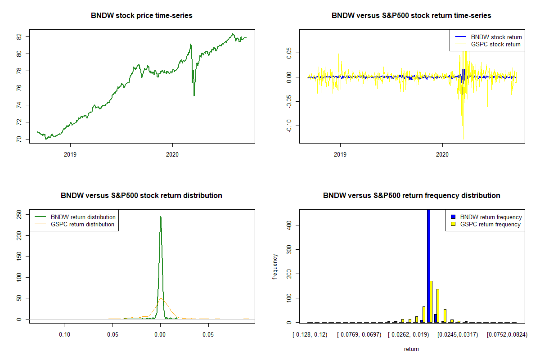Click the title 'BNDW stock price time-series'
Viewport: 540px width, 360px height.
[142, 16]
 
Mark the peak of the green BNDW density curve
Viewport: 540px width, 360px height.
[161, 217]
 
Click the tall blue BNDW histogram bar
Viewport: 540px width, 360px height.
[428, 265]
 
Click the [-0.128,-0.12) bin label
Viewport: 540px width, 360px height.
[310, 335]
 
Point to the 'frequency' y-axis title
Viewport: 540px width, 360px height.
[275, 267]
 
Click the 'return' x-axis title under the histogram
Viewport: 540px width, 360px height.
[411, 349]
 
